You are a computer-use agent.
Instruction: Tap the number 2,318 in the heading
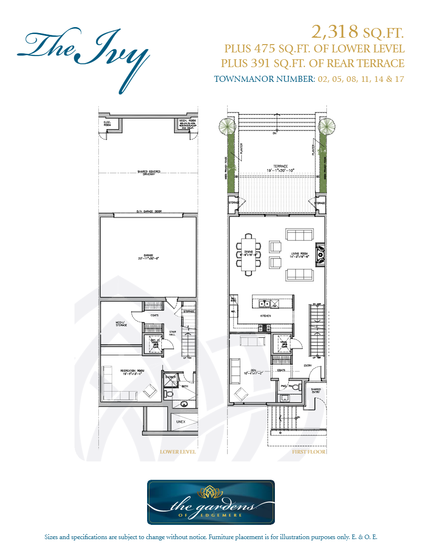point(335,32)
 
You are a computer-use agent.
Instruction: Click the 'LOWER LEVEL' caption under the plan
point(177,452)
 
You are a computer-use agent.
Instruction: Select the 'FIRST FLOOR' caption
point(308,452)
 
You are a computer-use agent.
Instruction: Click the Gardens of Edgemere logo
point(211,502)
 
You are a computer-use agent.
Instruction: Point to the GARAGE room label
point(148,256)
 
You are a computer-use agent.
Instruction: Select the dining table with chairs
point(249,255)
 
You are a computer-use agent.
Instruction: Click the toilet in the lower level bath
point(168,394)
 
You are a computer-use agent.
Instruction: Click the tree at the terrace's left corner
point(226,125)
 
